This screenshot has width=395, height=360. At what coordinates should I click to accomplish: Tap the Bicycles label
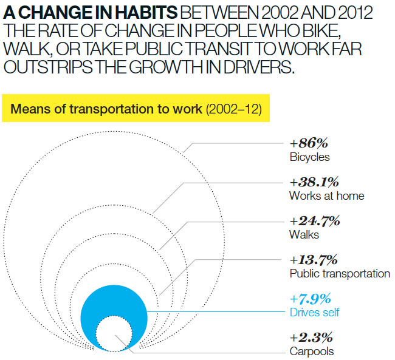(x=310, y=157)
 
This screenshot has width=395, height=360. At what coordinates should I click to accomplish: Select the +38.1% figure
(x=314, y=182)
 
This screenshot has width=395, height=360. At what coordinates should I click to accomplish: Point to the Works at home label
(x=326, y=195)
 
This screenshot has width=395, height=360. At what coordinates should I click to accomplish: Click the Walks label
(x=304, y=234)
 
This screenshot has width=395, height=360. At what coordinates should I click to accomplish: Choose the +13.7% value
(x=314, y=260)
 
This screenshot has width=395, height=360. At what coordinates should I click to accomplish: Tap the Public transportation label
(x=340, y=273)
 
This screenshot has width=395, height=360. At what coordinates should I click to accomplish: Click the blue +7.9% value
(x=311, y=299)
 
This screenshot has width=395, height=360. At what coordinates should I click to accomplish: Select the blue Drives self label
(x=315, y=312)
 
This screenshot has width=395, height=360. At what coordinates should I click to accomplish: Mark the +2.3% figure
(x=311, y=338)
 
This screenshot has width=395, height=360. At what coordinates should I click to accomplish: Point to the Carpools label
(x=312, y=351)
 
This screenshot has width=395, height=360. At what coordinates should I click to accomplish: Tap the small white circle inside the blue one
(x=114, y=333)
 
